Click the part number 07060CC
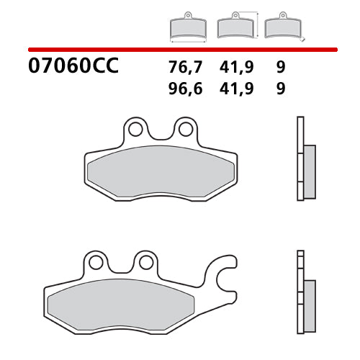pos(73,67)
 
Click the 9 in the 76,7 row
pos(279,68)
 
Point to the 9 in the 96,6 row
pos(279,89)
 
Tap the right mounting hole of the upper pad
pos(185,130)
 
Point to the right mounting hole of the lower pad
pos(145,261)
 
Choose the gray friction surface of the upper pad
pos(160,171)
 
